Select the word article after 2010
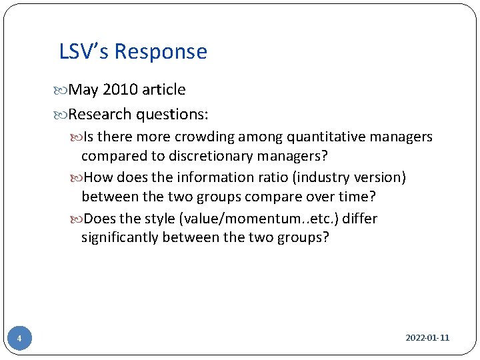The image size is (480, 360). coord(163,89)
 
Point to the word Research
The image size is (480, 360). coord(100,114)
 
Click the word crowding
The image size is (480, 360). coord(201,137)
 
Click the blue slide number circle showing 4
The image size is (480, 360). coord(19,339)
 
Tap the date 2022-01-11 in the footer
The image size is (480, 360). coord(427,338)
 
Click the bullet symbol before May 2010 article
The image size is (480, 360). coord(63,90)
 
